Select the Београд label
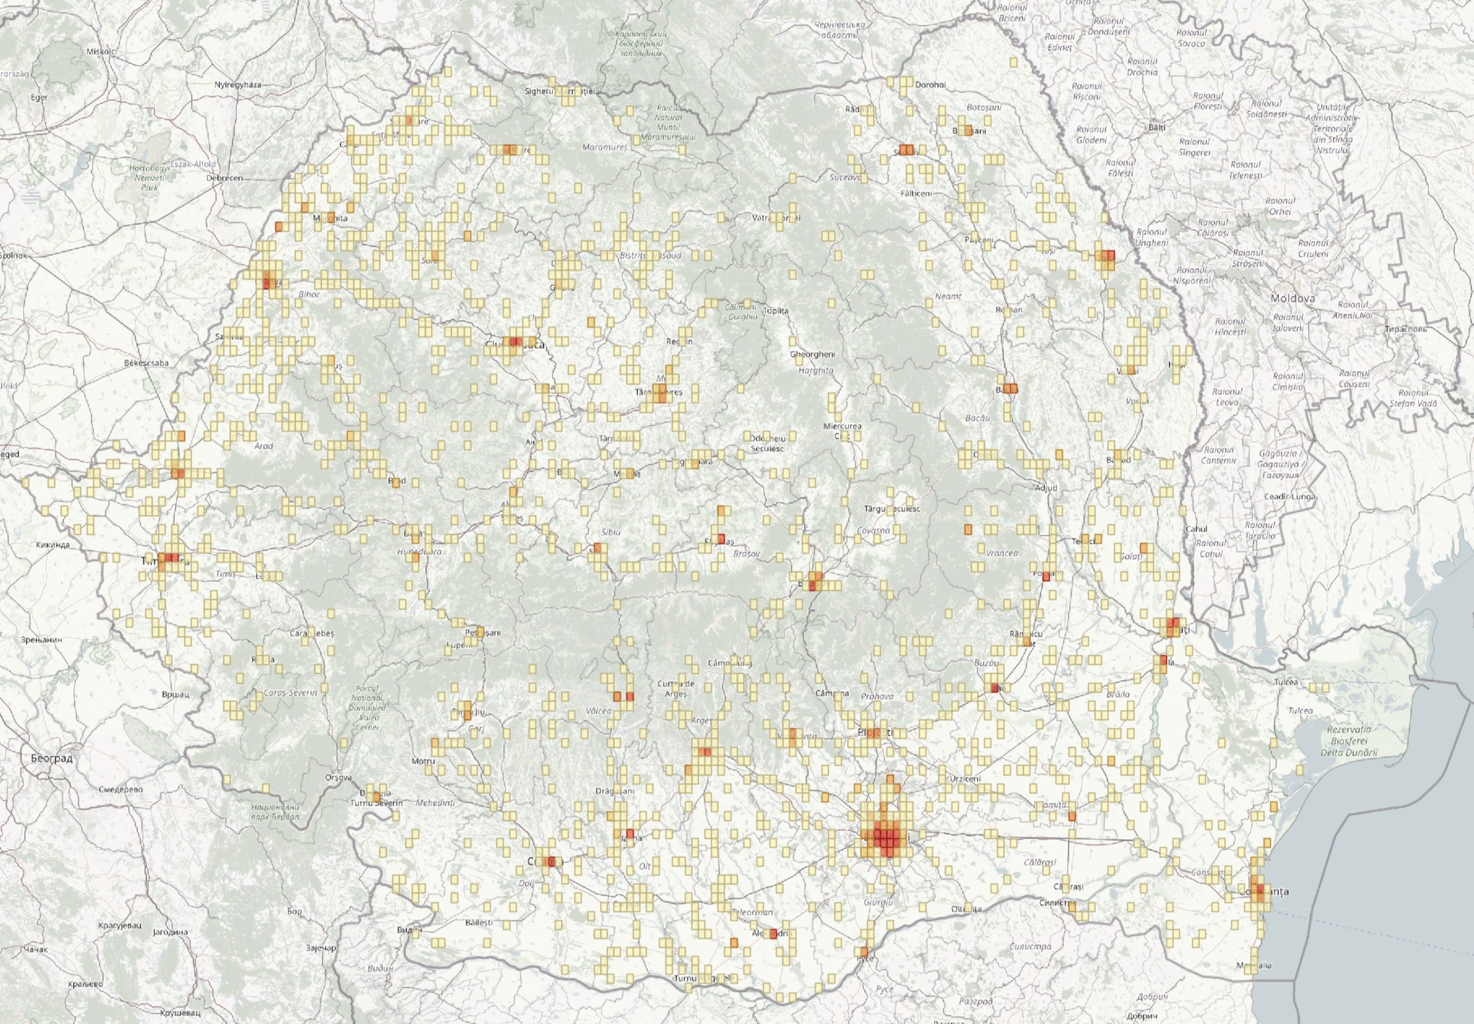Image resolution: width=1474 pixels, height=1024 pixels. point(51,757)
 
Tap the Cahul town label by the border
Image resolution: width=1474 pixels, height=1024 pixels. point(1197,528)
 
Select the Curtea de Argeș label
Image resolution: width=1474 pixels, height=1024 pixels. point(677,689)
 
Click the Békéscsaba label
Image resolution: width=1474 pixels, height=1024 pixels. point(147,363)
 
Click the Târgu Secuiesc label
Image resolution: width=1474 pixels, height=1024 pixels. point(892,509)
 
